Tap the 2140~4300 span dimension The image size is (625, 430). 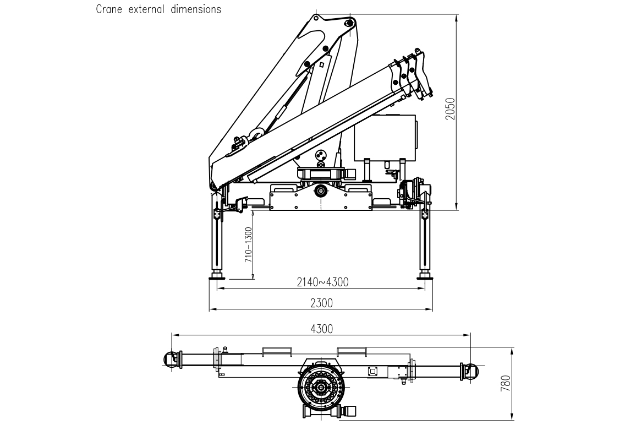click(x=322, y=282)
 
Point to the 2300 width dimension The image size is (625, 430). click(x=322, y=303)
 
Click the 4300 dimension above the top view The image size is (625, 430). click(x=322, y=329)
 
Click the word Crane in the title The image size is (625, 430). click(x=108, y=9)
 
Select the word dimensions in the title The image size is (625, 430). click(x=194, y=9)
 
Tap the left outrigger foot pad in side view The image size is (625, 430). click(x=217, y=276)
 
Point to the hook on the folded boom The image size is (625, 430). click(x=255, y=134)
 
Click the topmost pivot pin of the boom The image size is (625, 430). click(x=348, y=23)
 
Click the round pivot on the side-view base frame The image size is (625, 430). click(x=320, y=191)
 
